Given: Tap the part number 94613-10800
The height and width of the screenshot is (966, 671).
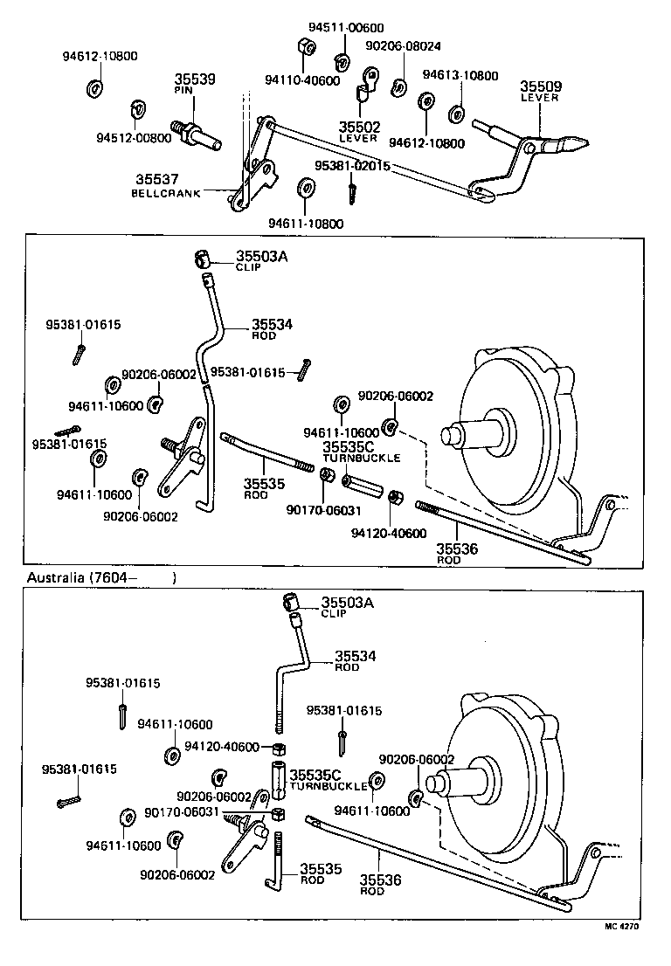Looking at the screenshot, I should (x=460, y=76).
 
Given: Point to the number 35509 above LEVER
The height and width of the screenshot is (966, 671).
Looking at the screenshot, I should (x=542, y=86).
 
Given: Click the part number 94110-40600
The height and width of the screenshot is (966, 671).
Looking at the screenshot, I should (x=301, y=81).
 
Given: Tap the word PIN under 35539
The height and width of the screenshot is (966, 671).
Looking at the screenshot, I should (x=183, y=90).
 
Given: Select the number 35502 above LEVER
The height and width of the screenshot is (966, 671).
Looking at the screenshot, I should (x=358, y=127).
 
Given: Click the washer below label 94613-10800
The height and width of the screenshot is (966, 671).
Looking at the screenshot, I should (x=456, y=114).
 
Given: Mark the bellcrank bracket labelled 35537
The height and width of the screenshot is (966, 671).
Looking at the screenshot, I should (x=253, y=175).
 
